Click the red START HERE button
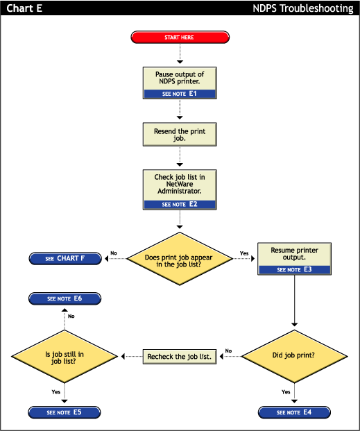[180, 37]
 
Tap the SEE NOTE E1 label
[180, 93]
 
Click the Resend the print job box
[180, 135]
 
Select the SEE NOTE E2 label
[180, 205]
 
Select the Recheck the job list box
[180, 357]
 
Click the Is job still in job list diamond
[65, 356]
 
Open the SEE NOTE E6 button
[65, 298]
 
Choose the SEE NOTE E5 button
[65, 412]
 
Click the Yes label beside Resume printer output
[244, 253]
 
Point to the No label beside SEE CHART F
[114, 253]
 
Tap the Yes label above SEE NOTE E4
[286, 392]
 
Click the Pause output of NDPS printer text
[180, 77]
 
